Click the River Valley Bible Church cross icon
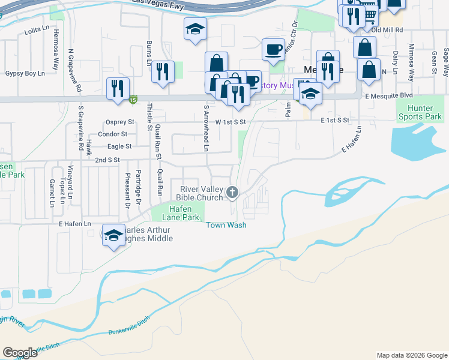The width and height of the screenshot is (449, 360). point(233,192)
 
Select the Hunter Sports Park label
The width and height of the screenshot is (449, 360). point(420,112)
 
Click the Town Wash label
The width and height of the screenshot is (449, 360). point(226,225)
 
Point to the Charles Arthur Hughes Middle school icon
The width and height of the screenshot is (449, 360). point(113,235)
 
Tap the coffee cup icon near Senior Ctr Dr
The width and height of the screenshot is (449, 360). point(273,49)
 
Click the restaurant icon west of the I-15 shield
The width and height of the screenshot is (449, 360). point(117,88)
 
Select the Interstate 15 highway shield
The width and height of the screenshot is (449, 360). point(133,100)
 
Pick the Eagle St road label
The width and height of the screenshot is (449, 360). point(119,146)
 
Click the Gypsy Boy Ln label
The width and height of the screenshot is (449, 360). point(25,73)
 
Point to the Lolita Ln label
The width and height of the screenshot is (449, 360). point(35,29)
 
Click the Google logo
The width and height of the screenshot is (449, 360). point(20,353)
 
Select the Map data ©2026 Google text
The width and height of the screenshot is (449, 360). point(411,355)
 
